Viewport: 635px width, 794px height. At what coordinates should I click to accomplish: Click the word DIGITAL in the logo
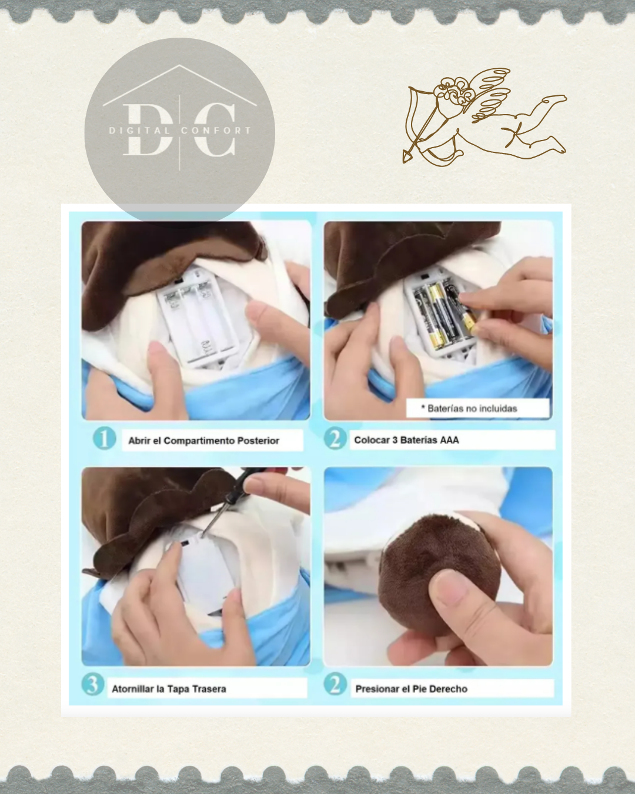[x=139, y=131]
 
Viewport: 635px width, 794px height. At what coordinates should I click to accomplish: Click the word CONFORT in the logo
[x=216, y=131]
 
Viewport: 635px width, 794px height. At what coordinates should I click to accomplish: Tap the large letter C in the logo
[x=215, y=129]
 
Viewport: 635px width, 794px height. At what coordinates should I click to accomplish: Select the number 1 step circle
[x=105, y=439]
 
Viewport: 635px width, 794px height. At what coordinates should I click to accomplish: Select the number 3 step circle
[x=93, y=684]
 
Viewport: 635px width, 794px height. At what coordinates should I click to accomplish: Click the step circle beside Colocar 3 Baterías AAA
[x=335, y=438]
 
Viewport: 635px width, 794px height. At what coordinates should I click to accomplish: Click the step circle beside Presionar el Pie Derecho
[x=335, y=683]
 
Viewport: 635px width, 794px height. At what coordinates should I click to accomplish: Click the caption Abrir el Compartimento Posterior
[x=203, y=441]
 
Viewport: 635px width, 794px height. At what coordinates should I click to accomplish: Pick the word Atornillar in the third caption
[x=132, y=689]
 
